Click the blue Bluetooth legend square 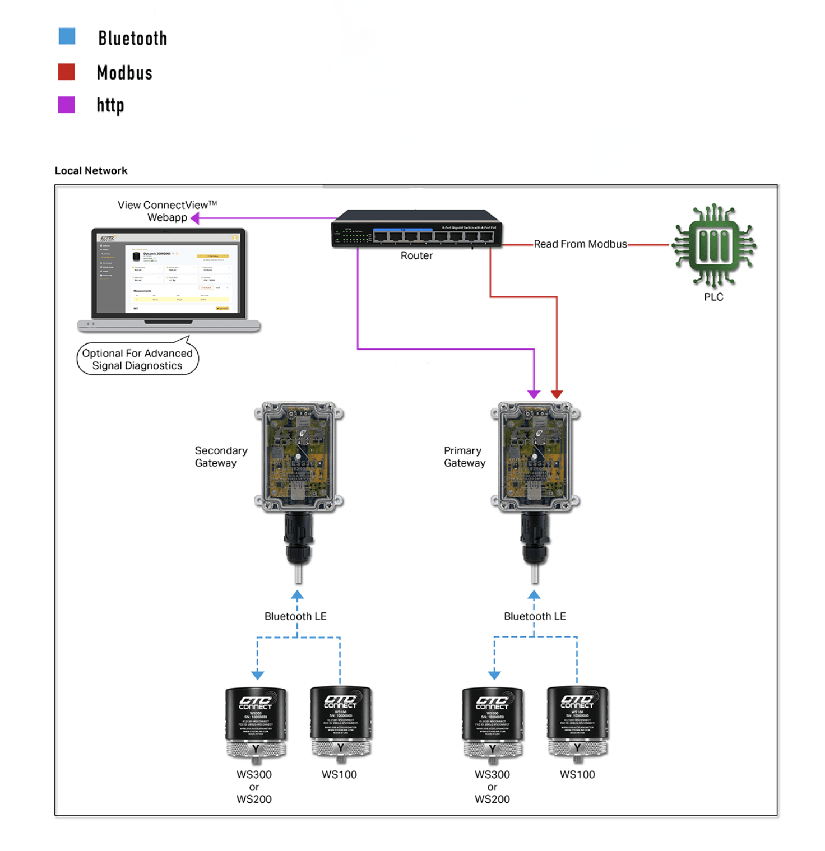tap(67, 36)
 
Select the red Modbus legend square tap(66, 72)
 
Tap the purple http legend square tap(66, 104)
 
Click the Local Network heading tap(91, 171)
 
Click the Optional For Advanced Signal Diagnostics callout tap(137, 359)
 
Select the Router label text tap(416, 256)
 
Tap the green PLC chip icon tap(713, 246)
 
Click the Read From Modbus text tap(580, 244)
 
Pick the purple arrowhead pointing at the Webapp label tap(195, 218)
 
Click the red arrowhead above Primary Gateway tap(557, 394)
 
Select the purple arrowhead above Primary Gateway tap(534, 394)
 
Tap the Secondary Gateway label tap(221, 457)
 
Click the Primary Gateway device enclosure tap(535, 457)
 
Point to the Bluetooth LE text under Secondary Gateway tap(295, 616)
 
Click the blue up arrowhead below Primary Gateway tap(534, 595)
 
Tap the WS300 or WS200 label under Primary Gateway tap(492, 787)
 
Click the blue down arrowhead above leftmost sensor tap(257, 675)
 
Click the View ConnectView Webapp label tap(167, 211)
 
